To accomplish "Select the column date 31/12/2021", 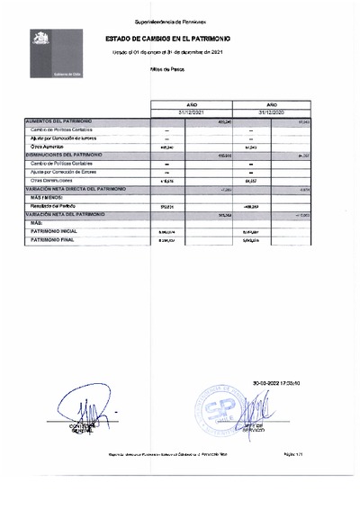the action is pyautogui.click(x=193, y=112).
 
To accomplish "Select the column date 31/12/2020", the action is pyautogui.click(x=271, y=112).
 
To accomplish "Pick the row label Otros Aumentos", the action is pyautogui.click(x=49, y=147).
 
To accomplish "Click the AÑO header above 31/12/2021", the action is pyautogui.click(x=193, y=103).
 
